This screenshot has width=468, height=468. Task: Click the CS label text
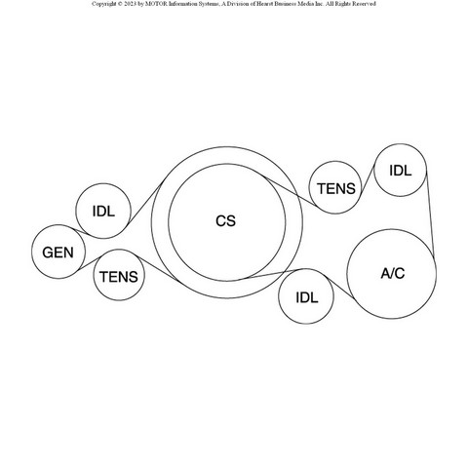225,221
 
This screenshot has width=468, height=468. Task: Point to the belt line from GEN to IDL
81,232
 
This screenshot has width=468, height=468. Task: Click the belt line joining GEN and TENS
89,263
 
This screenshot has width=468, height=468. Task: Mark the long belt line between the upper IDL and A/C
430,213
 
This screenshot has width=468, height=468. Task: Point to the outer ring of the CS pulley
151,222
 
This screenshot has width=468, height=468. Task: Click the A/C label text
393,274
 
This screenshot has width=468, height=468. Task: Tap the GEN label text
58,253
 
